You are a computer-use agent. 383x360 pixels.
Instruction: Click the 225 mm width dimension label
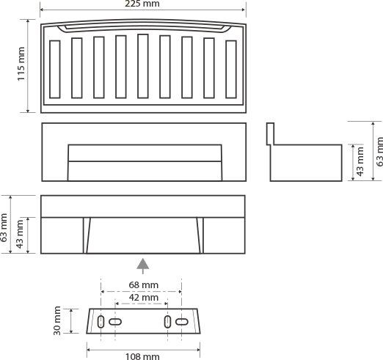tap(142, 4)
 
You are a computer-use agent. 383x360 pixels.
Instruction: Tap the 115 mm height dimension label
tap(21, 64)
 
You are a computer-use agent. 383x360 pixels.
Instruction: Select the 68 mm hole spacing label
tap(144, 285)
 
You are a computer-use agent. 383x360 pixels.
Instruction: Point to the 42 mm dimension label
tap(144, 298)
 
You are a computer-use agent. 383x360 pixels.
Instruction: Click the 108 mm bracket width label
tap(142, 356)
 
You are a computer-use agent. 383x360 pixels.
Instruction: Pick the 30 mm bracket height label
tap(57, 320)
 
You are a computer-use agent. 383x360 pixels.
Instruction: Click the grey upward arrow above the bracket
tap(143, 266)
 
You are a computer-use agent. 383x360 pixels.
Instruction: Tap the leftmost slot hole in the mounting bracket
tap(101, 322)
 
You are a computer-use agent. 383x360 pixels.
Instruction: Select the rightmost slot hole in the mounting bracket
tap(182, 322)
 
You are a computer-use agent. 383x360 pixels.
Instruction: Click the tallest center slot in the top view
tap(143, 66)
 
